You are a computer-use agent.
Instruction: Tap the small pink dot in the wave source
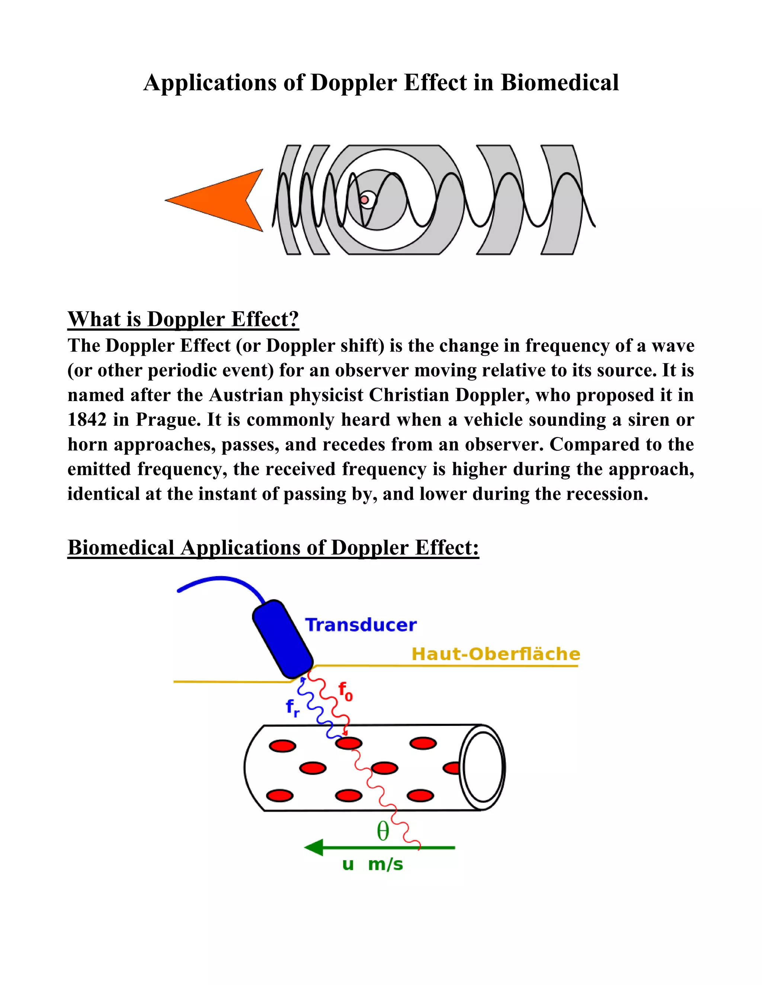[x=364, y=199]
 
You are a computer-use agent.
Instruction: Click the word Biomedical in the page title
[x=559, y=83]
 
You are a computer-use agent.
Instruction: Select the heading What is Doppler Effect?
[x=183, y=319]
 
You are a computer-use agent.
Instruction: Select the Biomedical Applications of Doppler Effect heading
[x=273, y=548]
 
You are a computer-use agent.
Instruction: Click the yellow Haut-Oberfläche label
[x=496, y=654]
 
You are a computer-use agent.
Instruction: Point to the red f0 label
[x=345, y=691]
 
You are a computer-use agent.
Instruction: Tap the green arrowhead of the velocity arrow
[x=314, y=847]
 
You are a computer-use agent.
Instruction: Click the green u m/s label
[x=372, y=864]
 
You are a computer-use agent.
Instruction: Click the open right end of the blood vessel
[x=483, y=767]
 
